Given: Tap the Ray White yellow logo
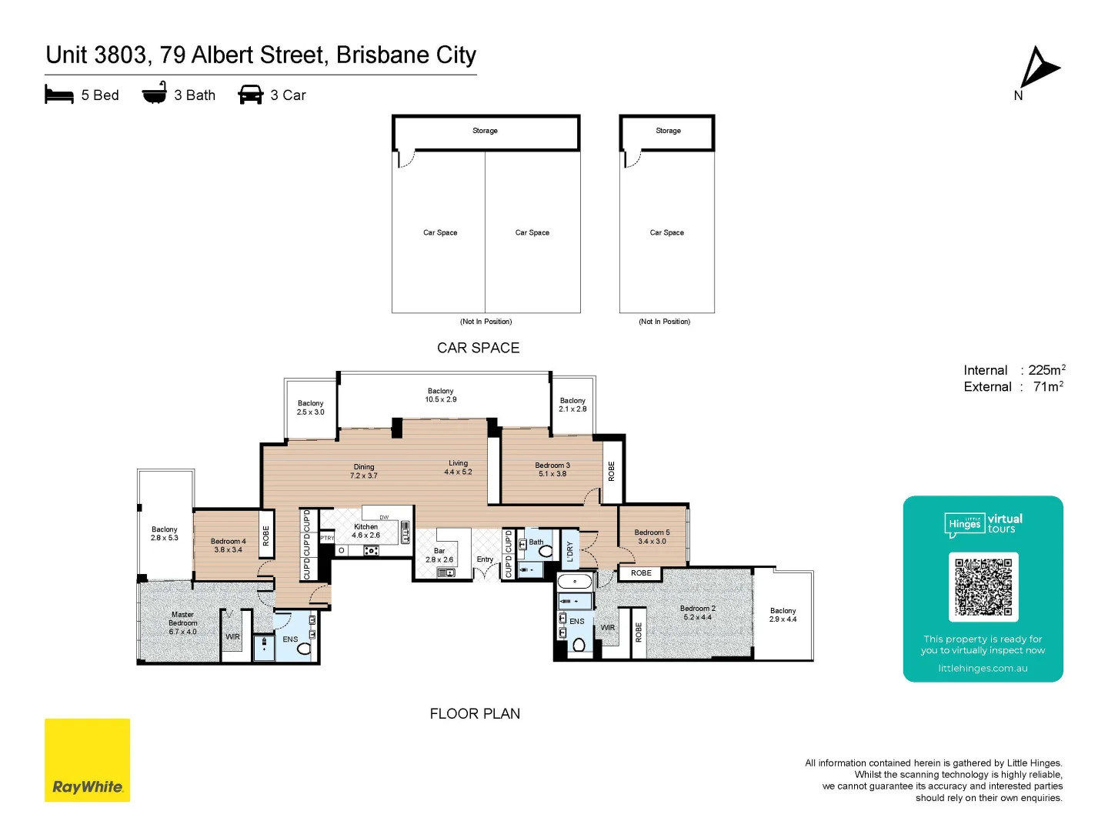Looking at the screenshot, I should pos(87,760).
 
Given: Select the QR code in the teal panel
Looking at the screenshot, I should pos(983,586).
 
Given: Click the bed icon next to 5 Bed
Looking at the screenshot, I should pos(59,95).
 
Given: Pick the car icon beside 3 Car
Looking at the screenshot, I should pos(251,95).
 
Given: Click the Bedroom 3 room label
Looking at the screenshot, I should pos(552,469).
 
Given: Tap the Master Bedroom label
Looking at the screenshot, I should pos(183,623).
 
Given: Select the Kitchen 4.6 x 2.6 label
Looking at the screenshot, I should pos(366,531).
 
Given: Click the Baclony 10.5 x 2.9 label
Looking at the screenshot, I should pos(441,395).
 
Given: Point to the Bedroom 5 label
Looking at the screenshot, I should pos(652,536).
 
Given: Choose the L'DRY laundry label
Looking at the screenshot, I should pos(570,551).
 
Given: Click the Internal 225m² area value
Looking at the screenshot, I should pos(1046,370).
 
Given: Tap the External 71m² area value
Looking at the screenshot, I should pos(1048,387).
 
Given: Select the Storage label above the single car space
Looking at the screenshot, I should pos(668,131).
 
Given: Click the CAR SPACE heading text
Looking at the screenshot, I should pos(478,348).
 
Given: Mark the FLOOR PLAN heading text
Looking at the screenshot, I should pos(475,714).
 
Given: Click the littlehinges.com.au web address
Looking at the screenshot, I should pos(983,669).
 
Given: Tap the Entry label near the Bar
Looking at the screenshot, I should pos(485,559).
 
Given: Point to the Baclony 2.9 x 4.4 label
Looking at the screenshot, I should pos(783,615).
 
